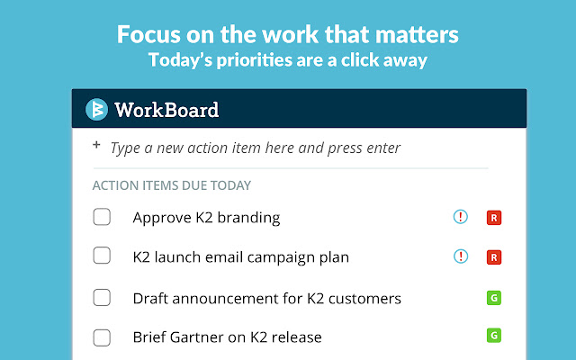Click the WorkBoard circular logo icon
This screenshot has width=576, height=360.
96,110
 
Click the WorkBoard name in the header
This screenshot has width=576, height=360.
166,111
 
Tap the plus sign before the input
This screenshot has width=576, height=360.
96,146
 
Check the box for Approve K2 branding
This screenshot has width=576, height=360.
102,217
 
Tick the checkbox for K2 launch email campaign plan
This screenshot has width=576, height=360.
102,256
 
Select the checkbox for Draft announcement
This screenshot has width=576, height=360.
102,298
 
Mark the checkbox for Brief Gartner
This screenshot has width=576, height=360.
102,337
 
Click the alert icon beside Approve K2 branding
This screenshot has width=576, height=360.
461,217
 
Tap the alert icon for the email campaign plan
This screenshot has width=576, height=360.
461,257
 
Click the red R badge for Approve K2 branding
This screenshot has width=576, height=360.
493,217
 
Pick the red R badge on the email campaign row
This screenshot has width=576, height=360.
493,257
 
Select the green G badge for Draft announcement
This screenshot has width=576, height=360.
493,298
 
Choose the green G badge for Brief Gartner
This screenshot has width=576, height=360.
493,336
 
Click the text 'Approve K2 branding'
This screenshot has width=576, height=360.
206,218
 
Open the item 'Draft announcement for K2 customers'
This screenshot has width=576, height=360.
266,298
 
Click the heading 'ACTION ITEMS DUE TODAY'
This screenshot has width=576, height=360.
171,185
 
